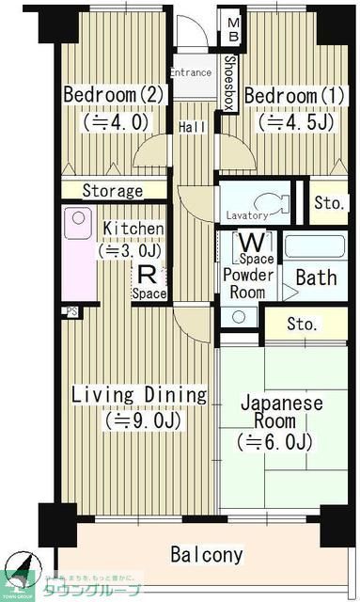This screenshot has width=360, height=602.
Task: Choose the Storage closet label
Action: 112,191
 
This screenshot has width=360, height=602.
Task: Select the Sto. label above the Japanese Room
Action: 302,325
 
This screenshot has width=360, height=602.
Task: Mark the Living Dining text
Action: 139,395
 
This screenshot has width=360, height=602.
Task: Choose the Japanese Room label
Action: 282,413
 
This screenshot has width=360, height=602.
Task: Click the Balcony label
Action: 207,554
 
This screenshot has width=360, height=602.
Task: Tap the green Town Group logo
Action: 21,576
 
